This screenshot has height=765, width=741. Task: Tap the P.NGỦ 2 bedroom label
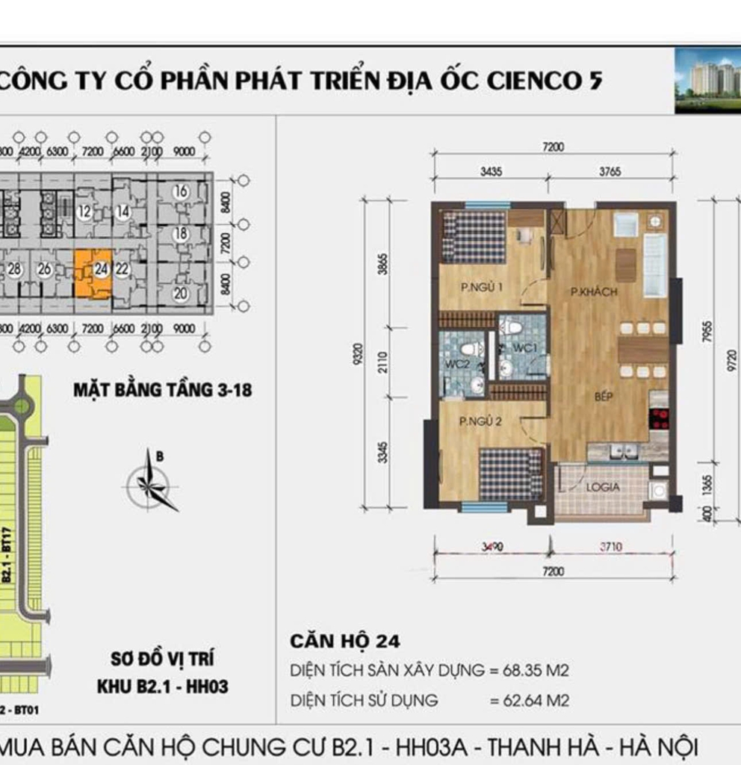480,421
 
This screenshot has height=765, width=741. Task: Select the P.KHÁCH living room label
594,292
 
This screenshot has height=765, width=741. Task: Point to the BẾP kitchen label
603,397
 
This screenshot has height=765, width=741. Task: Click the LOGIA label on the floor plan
602,487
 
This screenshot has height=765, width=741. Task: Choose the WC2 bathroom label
456,364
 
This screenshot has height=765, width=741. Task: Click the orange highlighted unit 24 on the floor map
93,274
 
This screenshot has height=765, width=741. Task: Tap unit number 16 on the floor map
180,192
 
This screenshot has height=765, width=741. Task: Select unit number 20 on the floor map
180,294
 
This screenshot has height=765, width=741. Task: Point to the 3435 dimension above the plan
491,172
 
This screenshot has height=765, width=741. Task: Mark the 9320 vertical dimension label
359,353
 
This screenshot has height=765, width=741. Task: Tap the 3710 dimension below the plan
611,547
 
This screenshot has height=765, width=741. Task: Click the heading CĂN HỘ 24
344,641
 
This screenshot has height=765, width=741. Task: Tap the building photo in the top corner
707,81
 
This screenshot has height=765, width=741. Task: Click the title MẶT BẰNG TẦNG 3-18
162,390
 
